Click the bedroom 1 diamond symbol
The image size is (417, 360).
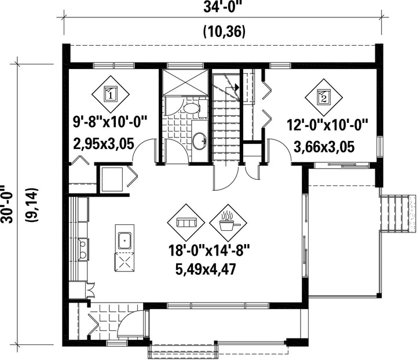[111, 94]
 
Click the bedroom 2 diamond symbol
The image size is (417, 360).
[324, 97]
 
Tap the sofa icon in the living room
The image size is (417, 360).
[186, 223]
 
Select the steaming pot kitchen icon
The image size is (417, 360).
[229, 223]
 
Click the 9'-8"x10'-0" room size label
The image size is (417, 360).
[110, 122]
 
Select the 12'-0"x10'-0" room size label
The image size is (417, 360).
[327, 125]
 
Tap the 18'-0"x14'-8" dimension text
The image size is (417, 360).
[209, 250]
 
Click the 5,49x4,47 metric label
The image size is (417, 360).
[205, 270]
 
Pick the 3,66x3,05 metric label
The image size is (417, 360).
[324, 147]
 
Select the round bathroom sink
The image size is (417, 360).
[199, 141]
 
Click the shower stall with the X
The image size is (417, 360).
[185, 82]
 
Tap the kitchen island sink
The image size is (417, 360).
[125, 241]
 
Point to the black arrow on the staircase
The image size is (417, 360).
[237, 87]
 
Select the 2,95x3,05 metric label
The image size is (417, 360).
[103, 144]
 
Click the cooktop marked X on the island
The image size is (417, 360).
[124, 262]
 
